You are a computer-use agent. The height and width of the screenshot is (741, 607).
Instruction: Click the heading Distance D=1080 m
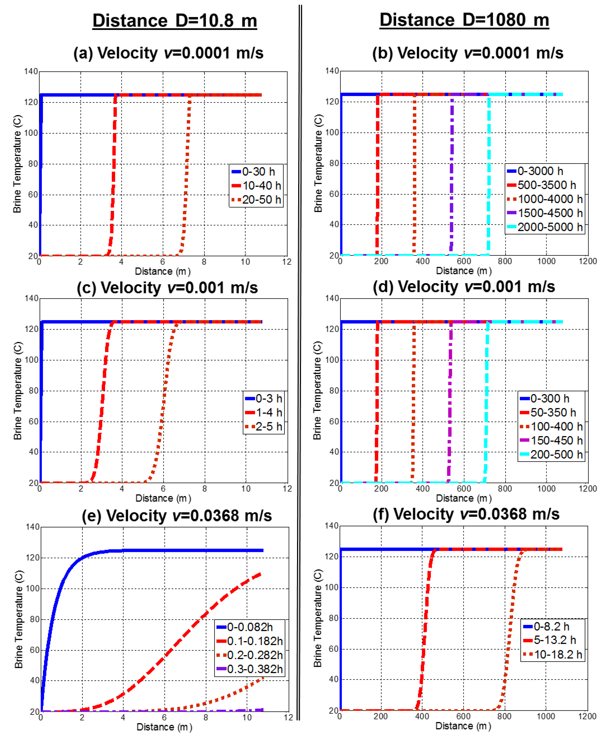(464, 20)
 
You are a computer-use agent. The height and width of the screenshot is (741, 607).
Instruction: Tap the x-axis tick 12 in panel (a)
(287, 261)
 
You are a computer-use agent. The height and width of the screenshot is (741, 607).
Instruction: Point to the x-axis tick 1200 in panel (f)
(587, 716)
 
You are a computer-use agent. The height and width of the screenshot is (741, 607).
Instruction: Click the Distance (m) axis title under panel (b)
(464, 271)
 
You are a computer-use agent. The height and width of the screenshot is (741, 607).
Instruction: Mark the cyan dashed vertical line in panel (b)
(489, 175)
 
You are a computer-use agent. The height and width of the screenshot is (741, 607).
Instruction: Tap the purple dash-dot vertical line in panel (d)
(450, 403)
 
